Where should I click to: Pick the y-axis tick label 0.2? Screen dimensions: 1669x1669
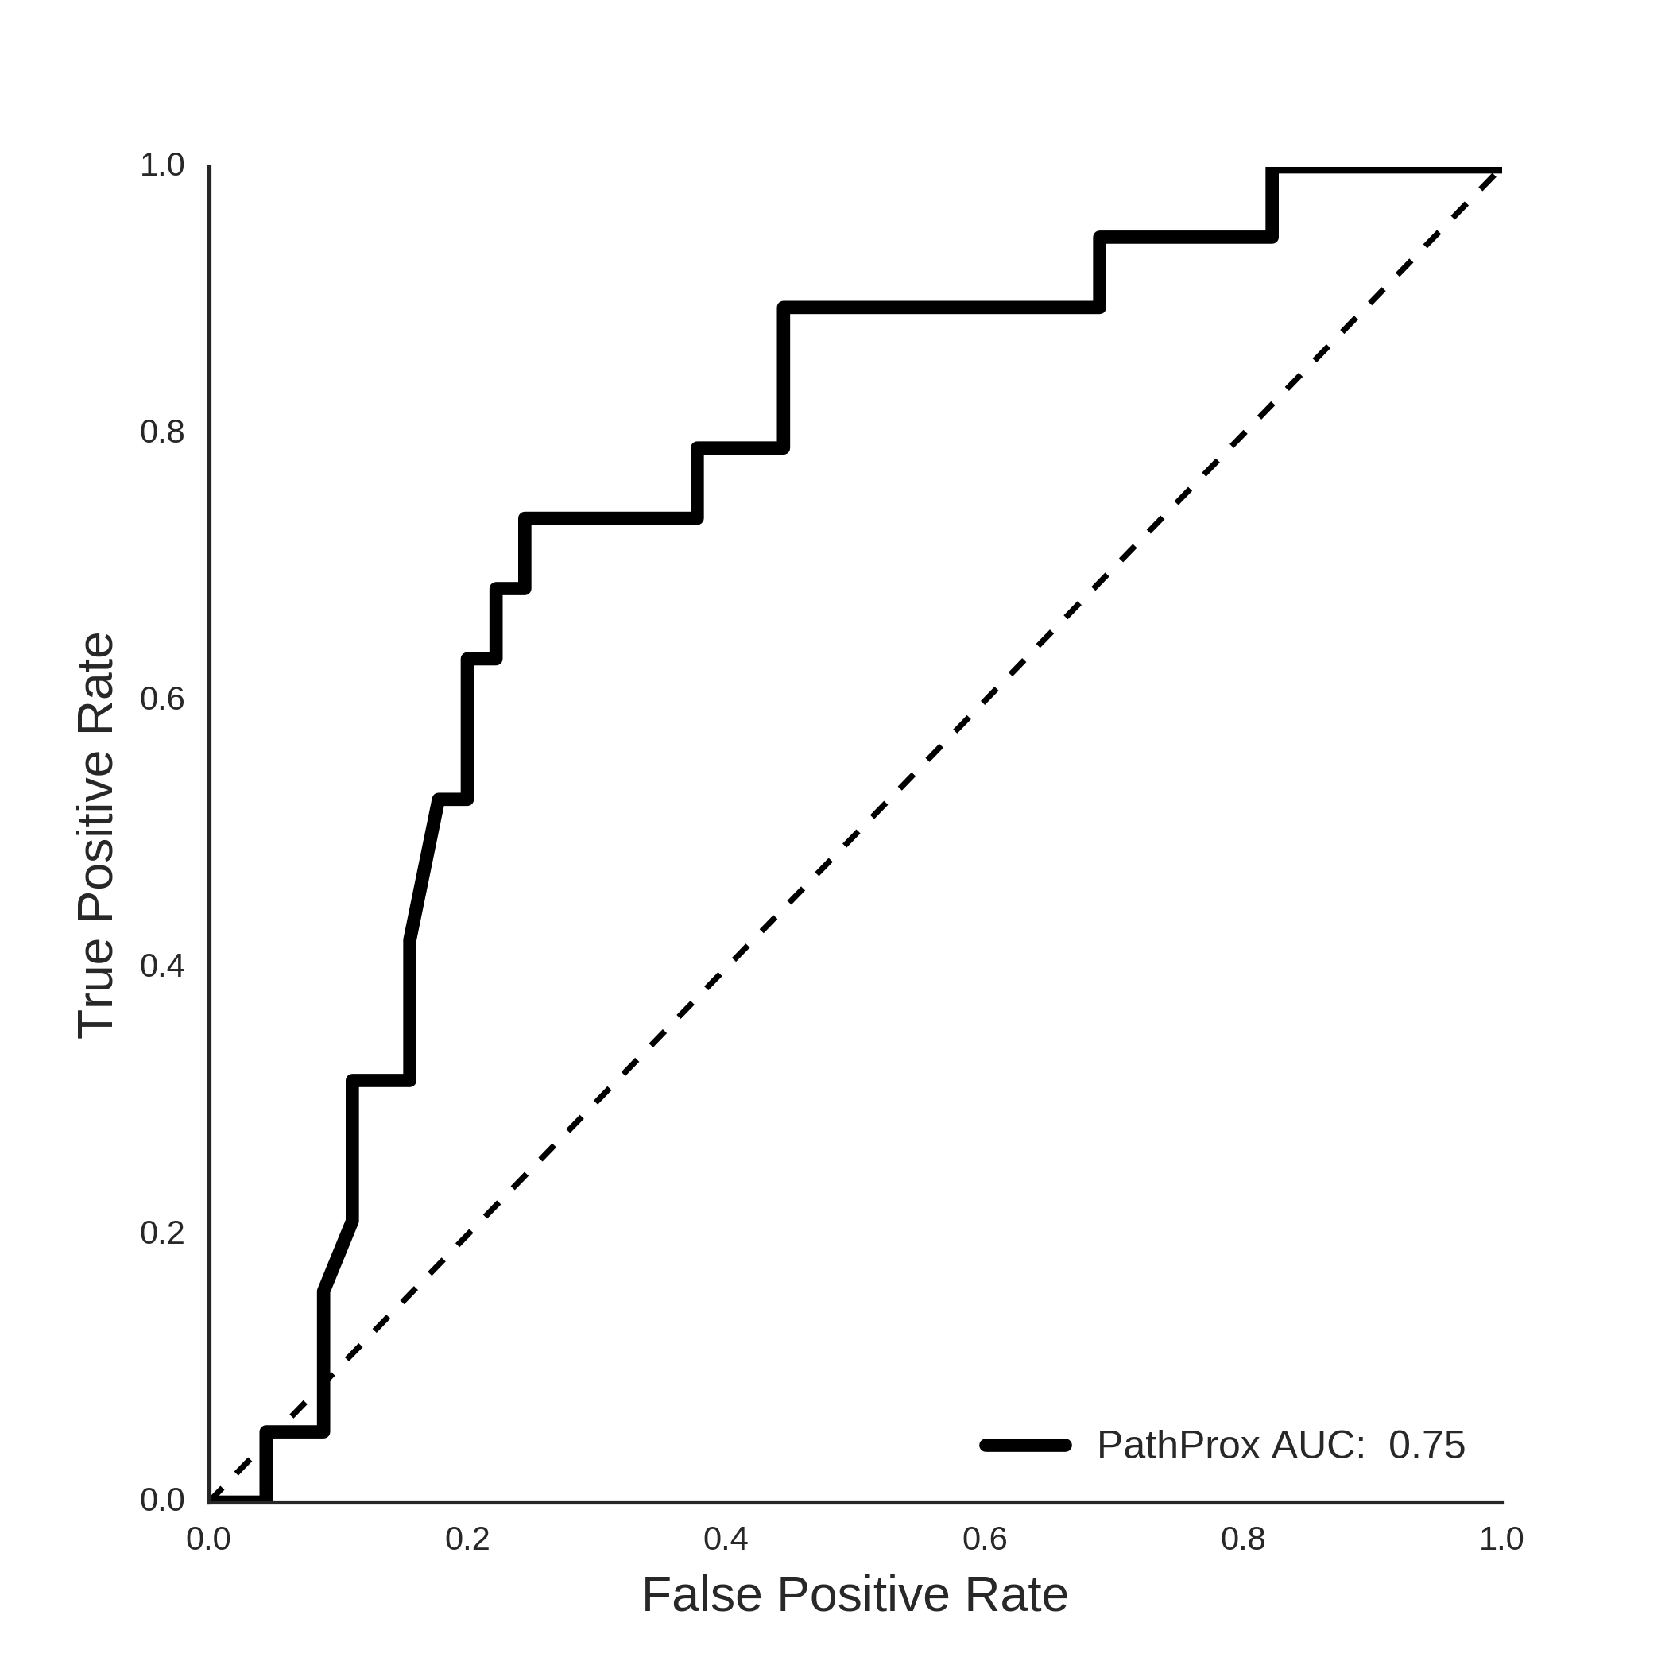pyautogui.click(x=162, y=1233)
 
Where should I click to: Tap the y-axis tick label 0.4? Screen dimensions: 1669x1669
pyautogui.click(x=162, y=966)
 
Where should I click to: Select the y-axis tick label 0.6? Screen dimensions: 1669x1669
pyautogui.click(x=162, y=699)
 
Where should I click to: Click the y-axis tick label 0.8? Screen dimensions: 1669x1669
pyautogui.click(x=162, y=432)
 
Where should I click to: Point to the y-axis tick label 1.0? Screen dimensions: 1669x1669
pyautogui.click(x=162, y=165)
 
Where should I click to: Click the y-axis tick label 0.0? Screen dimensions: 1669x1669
pyautogui.click(x=162, y=1501)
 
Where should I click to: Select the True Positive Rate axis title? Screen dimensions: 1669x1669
pyautogui.click(x=96, y=835)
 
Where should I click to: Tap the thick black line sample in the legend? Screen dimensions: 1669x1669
pyautogui.click(x=1025, y=1445)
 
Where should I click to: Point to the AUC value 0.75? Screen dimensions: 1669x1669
pyautogui.click(x=1427, y=1445)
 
